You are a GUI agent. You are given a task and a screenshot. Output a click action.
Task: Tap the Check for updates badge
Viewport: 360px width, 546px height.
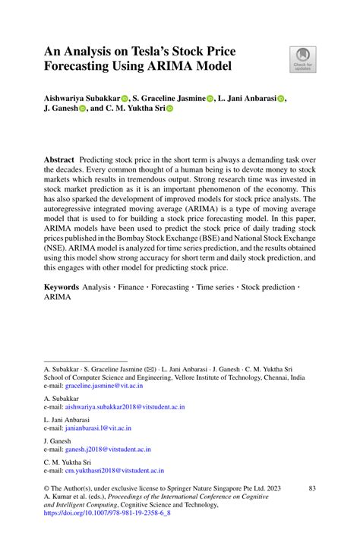point(302,60)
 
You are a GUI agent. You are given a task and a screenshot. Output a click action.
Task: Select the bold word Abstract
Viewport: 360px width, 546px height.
point(58,161)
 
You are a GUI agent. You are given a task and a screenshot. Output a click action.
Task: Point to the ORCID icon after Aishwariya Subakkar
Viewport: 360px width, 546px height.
point(125,98)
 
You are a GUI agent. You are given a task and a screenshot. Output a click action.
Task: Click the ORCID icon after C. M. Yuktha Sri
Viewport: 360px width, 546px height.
point(170,109)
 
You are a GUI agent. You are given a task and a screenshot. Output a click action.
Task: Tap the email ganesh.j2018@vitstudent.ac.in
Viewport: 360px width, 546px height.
point(114,450)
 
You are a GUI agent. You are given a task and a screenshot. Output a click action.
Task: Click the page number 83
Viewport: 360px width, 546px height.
point(311,488)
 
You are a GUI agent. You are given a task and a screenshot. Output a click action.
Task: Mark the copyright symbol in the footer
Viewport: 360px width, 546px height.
point(46,488)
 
